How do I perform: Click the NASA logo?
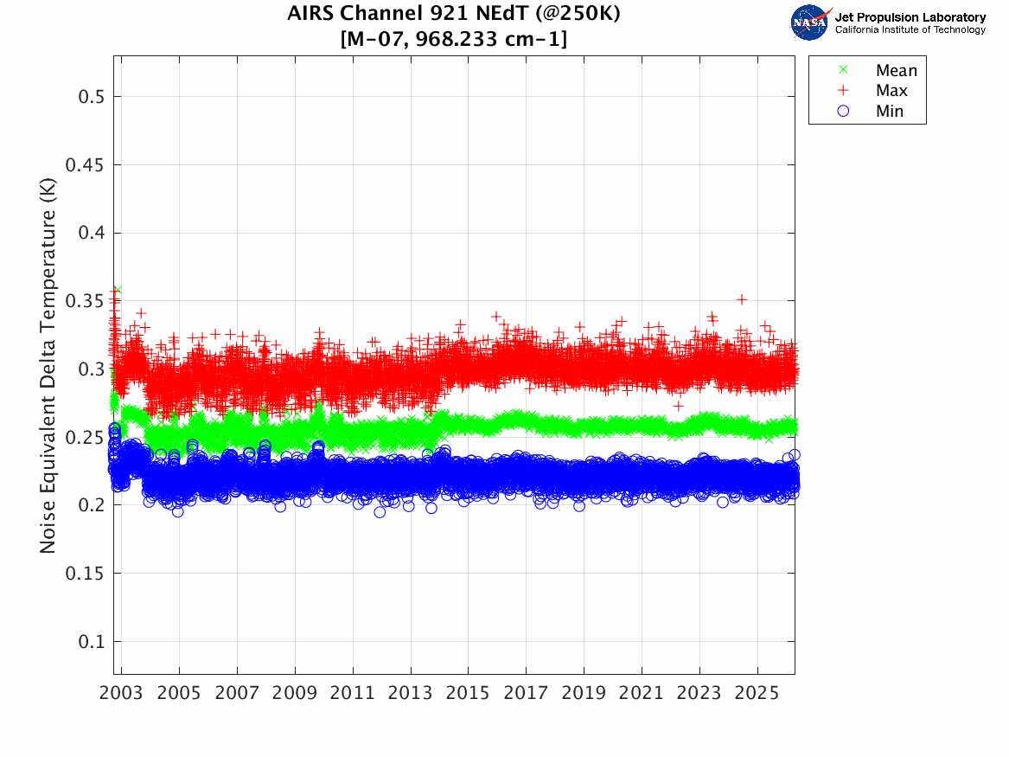pos(810,22)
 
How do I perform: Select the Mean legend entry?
pos(896,71)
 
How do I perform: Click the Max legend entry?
pos(891,91)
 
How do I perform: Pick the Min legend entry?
pos(890,111)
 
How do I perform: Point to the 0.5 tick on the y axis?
pos(91,97)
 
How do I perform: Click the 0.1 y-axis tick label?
pos(91,642)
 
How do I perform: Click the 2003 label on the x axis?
pos(122,693)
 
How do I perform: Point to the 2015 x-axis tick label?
pos(468,693)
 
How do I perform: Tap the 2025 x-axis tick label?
pos(757,693)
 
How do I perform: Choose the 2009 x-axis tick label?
pos(295,693)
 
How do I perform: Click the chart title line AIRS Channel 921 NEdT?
pos(454,14)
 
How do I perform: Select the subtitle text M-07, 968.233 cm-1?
pos(454,39)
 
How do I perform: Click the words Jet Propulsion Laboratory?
pos(910,17)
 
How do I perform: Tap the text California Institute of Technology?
pos(910,30)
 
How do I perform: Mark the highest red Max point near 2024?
pos(742,299)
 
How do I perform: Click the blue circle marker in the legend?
pos(844,111)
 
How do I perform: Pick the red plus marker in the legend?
pos(844,91)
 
